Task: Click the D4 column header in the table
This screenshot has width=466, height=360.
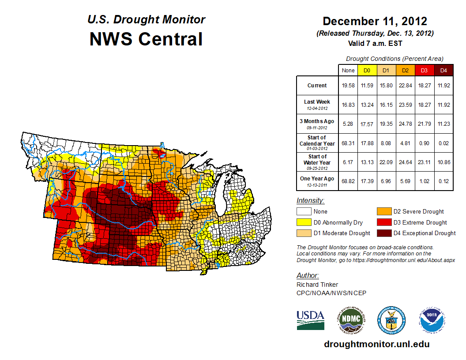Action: (443, 70)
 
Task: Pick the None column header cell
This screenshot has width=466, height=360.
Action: (348, 70)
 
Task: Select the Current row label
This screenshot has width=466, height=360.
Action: (317, 86)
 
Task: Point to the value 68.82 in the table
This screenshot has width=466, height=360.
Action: (348, 181)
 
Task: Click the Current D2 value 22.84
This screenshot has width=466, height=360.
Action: (406, 86)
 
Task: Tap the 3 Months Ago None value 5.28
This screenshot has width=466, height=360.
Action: (348, 124)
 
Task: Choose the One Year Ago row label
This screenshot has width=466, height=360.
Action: (317, 179)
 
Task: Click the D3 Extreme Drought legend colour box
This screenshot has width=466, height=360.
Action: (383, 222)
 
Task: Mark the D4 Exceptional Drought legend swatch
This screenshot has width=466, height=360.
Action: (383, 233)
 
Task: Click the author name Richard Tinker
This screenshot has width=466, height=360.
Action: (317, 285)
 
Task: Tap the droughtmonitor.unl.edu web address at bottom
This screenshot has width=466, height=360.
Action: (376, 344)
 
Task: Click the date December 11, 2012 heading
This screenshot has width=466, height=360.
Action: (375, 21)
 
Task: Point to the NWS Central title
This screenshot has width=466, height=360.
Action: (146, 39)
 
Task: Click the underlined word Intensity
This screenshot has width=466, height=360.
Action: (310, 201)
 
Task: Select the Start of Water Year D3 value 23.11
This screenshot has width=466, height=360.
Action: (425, 162)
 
